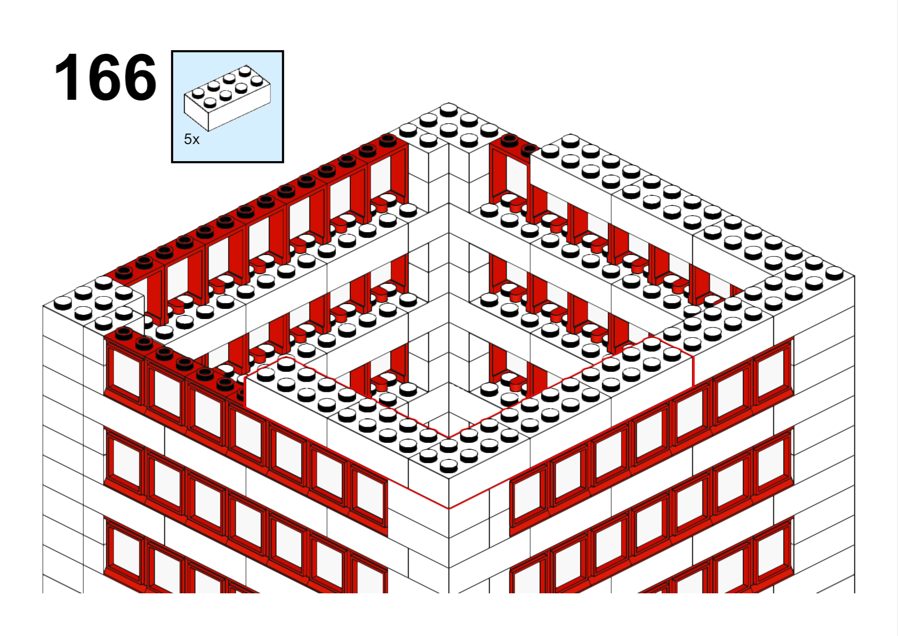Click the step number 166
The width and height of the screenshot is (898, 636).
(x=105, y=77)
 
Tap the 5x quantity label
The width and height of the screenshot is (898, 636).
(x=191, y=139)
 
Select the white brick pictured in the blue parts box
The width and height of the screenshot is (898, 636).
(x=227, y=98)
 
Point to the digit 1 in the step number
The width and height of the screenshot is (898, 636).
(x=66, y=77)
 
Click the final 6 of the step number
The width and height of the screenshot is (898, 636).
(x=139, y=77)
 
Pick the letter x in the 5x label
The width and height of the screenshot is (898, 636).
(x=196, y=140)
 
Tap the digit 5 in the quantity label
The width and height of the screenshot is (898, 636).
(x=188, y=139)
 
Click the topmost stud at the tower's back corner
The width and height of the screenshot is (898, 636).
(x=448, y=109)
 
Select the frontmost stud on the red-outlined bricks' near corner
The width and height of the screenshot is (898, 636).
(x=448, y=466)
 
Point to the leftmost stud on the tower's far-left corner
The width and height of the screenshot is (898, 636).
(x=63, y=303)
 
